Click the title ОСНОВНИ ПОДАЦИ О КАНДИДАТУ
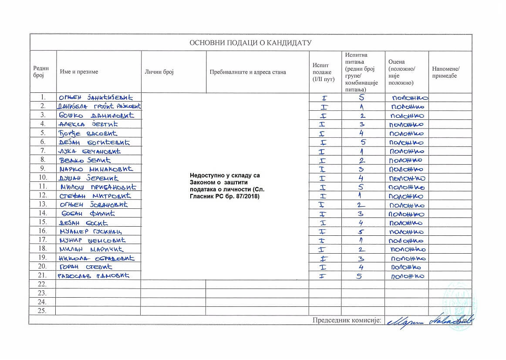pyautogui.click(x=250, y=43)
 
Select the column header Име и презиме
pyautogui.click(x=79, y=72)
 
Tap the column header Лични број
pyautogui.click(x=159, y=72)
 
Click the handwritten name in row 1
pyautogui.click(x=95, y=97)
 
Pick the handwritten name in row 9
pyautogui.click(x=96, y=169)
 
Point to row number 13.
pyautogui.click(x=42, y=204)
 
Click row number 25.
pyautogui.click(x=42, y=311)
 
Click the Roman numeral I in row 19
pyautogui.click(x=323, y=258)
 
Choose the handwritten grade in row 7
pyautogui.click(x=406, y=151)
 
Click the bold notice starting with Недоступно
pyautogui.click(x=227, y=187)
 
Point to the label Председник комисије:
pyautogui.click(x=347, y=320)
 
